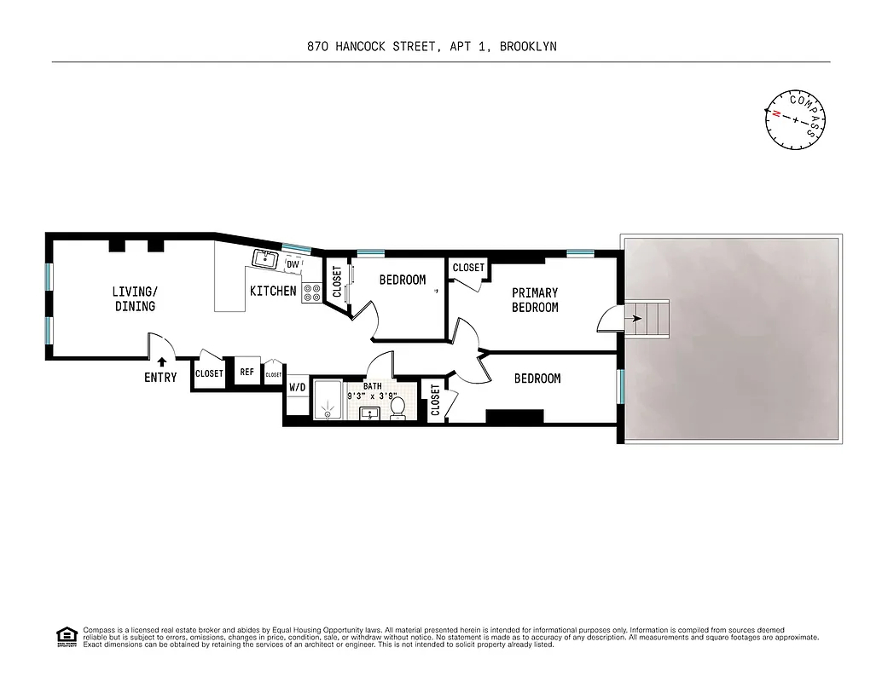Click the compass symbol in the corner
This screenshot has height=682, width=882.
(x=796, y=119)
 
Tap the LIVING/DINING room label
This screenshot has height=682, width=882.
(x=135, y=298)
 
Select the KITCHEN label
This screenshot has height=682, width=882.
(x=273, y=292)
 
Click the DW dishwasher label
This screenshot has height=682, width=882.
(x=293, y=264)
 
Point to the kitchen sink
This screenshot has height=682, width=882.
(x=264, y=258)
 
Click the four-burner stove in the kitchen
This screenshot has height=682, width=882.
(x=311, y=293)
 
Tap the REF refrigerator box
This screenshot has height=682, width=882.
(x=247, y=373)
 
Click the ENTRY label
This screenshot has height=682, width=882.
(x=160, y=378)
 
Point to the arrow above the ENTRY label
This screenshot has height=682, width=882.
(x=161, y=363)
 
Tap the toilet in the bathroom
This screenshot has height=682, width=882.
(x=398, y=408)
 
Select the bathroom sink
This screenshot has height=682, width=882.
(x=369, y=414)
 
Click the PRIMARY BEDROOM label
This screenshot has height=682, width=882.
(x=535, y=300)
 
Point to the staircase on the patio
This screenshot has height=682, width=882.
(x=655, y=321)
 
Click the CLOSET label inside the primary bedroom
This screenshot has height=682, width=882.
(x=468, y=268)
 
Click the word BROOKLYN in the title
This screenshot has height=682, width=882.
(x=528, y=47)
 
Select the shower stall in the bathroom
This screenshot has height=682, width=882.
(x=327, y=401)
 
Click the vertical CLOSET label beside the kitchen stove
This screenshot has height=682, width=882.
(x=337, y=282)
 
